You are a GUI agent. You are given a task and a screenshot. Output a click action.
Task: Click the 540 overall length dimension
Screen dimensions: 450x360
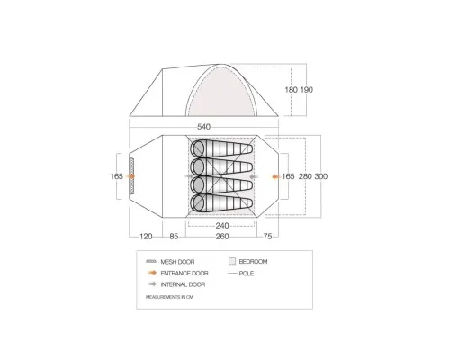click(204, 127)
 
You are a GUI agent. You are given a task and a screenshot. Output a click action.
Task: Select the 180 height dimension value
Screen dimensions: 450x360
click(291, 90)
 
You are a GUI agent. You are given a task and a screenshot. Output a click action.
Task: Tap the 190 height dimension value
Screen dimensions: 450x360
click(307, 90)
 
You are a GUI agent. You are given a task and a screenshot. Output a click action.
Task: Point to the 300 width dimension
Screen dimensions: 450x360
click(321, 176)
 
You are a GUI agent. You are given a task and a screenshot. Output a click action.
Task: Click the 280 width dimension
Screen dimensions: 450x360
click(305, 176)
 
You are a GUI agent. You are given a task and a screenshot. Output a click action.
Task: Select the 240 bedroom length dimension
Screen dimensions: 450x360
click(222, 226)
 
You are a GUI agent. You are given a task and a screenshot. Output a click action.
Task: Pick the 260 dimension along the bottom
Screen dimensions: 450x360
click(222, 237)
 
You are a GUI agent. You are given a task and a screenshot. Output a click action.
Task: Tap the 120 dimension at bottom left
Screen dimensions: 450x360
click(146, 237)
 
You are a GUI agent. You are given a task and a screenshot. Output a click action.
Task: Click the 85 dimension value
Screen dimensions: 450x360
click(174, 237)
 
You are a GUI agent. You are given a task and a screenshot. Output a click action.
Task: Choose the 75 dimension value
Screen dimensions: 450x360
click(267, 237)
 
